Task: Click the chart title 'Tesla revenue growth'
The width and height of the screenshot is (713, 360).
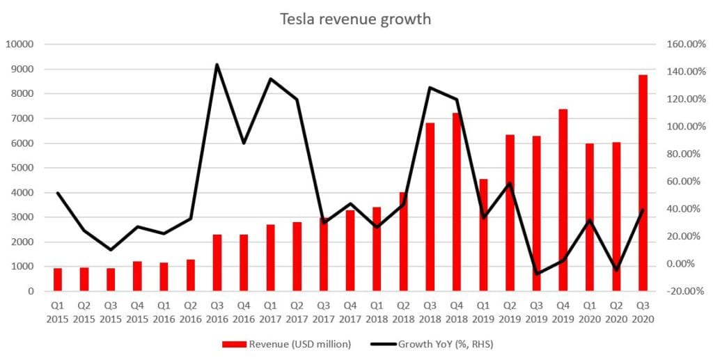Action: pyautogui.click(x=355, y=19)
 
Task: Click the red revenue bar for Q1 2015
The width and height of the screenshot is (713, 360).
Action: pyautogui.click(x=58, y=279)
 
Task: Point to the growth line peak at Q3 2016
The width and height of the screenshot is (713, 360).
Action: pyautogui.click(x=217, y=65)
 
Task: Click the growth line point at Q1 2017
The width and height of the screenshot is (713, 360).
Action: pyautogui.click(x=270, y=79)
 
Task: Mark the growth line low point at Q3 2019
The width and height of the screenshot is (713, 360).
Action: pyautogui.click(x=536, y=274)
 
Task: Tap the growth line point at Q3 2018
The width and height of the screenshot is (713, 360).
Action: pyautogui.click(x=430, y=88)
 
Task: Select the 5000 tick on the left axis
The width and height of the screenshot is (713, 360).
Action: pyautogui.click(x=22, y=168)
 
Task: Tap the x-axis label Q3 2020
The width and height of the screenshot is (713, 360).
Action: pyautogui.click(x=643, y=312)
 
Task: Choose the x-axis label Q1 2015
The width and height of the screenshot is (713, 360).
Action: pyautogui.click(x=58, y=312)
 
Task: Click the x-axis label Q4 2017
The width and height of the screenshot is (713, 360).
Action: pyautogui.click(x=350, y=312)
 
